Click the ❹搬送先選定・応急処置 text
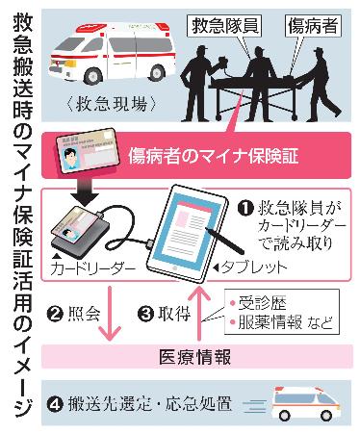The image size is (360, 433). [x=148, y=397]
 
